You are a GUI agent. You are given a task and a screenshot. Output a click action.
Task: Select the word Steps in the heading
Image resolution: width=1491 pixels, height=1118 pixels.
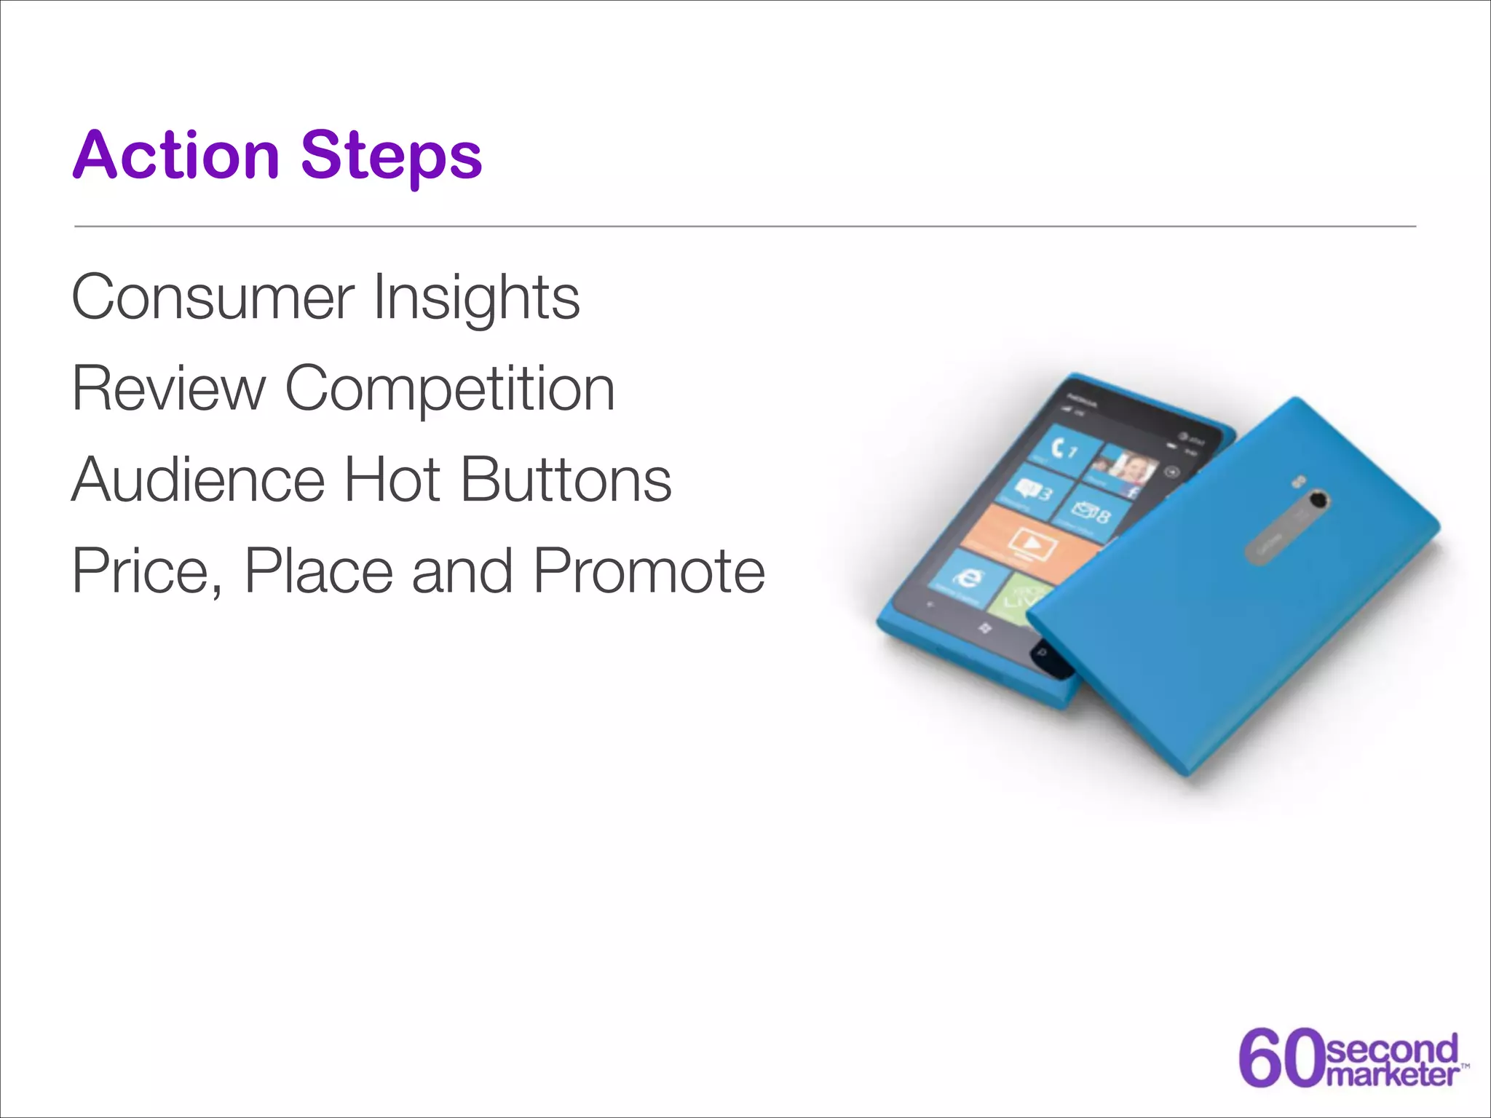tap(391, 156)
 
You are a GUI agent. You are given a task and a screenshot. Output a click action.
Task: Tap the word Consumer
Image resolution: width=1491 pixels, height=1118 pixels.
tap(213, 297)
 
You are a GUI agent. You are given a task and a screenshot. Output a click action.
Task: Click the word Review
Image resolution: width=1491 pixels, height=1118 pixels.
tap(169, 389)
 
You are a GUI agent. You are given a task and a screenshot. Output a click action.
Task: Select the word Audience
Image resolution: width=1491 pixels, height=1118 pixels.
tap(198, 480)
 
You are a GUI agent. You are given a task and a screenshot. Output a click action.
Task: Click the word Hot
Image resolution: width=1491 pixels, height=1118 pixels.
tap(392, 480)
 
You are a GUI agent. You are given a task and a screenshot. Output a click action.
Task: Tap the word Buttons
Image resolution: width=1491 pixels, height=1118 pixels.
tap(566, 480)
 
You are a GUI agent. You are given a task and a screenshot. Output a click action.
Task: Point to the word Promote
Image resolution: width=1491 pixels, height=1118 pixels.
tap(649, 571)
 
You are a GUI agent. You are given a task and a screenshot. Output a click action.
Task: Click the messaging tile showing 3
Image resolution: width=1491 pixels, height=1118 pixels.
tap(1034, 491)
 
